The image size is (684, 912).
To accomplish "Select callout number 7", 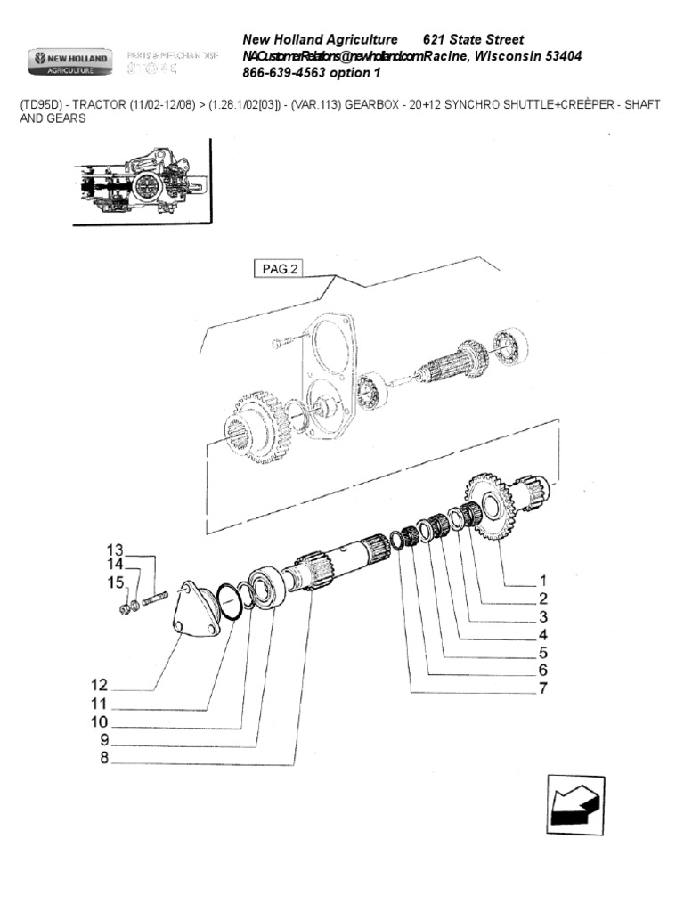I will click(542, 688).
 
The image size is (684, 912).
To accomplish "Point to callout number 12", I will click(98, 685).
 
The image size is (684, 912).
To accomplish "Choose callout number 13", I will click(117, 549).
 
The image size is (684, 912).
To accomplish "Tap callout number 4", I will click(542, 634).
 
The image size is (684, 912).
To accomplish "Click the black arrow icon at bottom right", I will click(576, 807).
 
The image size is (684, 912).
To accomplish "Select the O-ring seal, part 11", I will click(229, 602).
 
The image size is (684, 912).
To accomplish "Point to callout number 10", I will click(98, 721).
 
